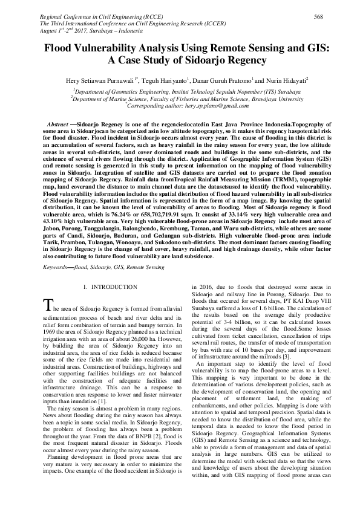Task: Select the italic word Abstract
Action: (x=59, y=123)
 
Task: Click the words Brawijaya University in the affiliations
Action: (x=275, y=97)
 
